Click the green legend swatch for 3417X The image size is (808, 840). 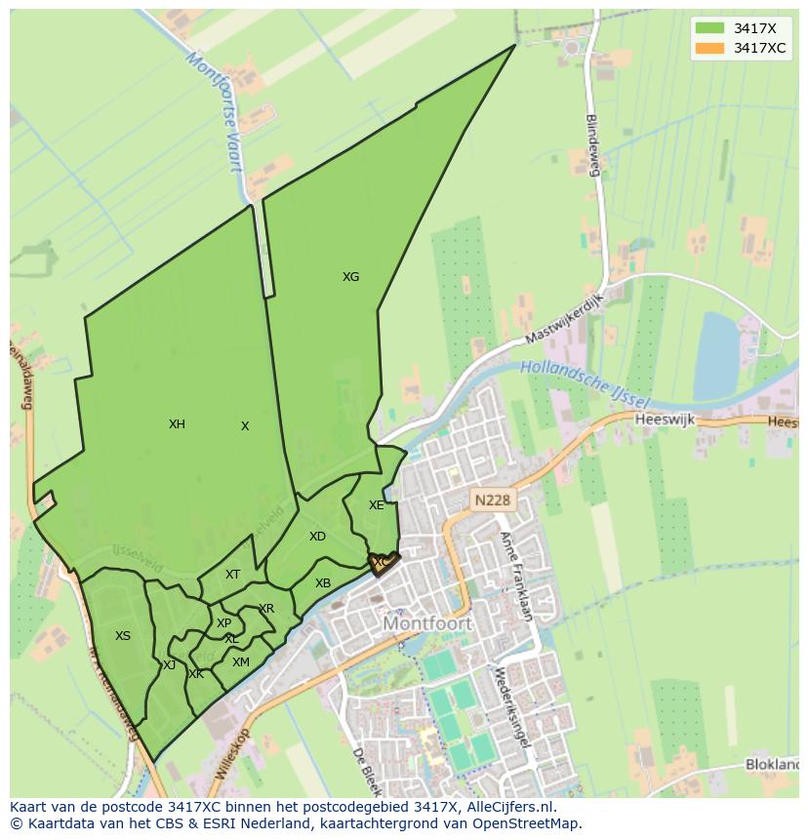[x=710, y=28]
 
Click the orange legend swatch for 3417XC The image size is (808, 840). [x=710, y=48]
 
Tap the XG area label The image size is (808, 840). [x=350, y=277]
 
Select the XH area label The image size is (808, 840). [x=177, y=424]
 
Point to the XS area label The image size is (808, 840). [x=122, y=636]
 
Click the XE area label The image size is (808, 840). [x=376, y=505]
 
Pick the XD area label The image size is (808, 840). [x=317, y=537]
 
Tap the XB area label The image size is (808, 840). [x=323, y=583]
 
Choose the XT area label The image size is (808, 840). [x=232, y=575]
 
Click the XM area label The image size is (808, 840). [x=240, y=662]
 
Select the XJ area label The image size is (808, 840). [x=169, y=665]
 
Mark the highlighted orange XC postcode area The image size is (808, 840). [x=384, y=563]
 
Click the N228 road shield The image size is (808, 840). [x=492, y=500]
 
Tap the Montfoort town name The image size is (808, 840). [x=427, y=622]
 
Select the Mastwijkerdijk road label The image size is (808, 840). [x=565, y=319]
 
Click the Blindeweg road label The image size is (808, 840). [x=590, y=145]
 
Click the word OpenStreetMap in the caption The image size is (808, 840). [x=518, y=823]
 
